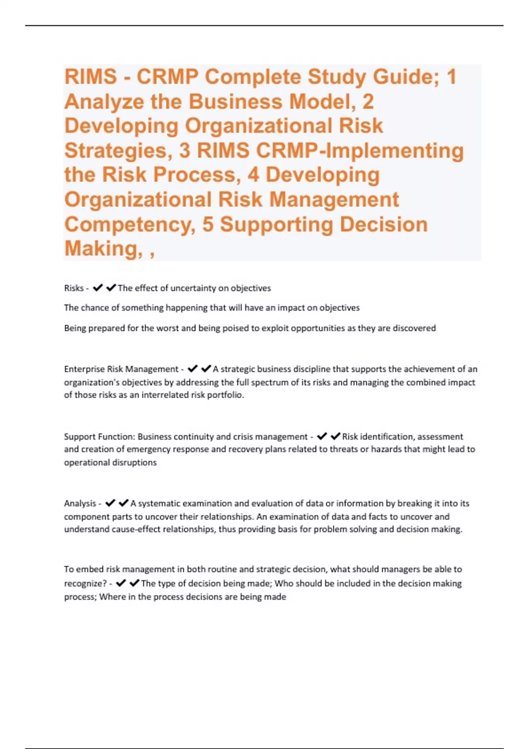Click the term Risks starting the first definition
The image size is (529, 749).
(x=74, y=288)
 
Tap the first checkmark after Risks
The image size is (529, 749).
(x=98, y=288)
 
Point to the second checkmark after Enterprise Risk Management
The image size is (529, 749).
(x=206, y=369)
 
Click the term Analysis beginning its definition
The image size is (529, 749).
(x=80, y=503)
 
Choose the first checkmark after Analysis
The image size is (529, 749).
(x=110, y=503)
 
